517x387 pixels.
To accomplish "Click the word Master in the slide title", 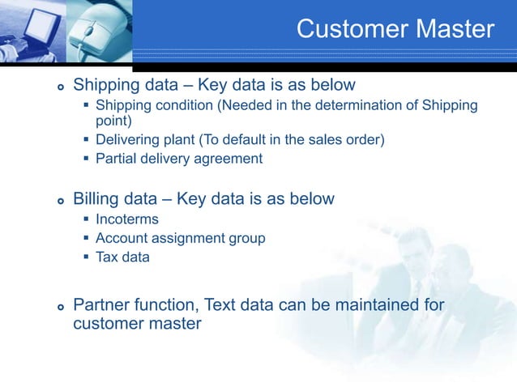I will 454,29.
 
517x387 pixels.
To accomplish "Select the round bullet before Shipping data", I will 60,87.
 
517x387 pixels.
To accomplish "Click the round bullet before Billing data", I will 60,200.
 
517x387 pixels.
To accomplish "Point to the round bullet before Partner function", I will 60,307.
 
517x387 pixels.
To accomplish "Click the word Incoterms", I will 127,219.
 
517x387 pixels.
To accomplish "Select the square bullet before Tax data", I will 87,257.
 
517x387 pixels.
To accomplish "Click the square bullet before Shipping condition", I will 87,106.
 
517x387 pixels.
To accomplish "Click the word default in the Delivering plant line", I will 255,140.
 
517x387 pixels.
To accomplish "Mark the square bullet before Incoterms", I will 87,219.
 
